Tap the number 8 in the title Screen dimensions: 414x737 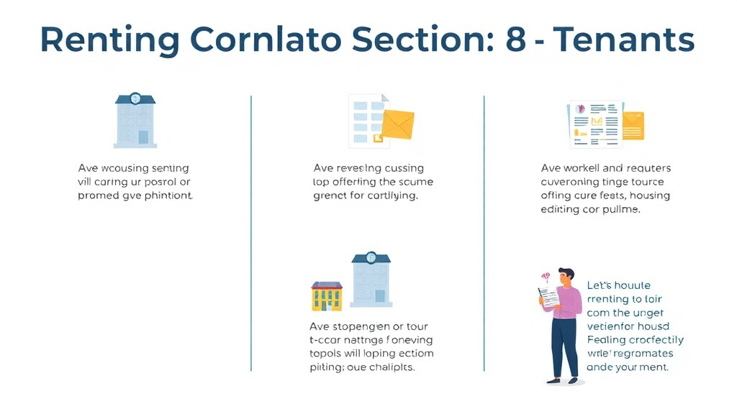(x=515, y=40)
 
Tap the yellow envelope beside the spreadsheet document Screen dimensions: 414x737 (x=397, y=123)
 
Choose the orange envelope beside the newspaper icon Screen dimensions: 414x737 (x=633, y=124)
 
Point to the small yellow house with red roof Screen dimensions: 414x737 (x=327, y=295)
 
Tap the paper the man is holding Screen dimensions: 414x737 (x=549, y=295)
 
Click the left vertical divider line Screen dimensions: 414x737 (x=251, y=234)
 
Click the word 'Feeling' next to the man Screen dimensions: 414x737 (x=607, y=340)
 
